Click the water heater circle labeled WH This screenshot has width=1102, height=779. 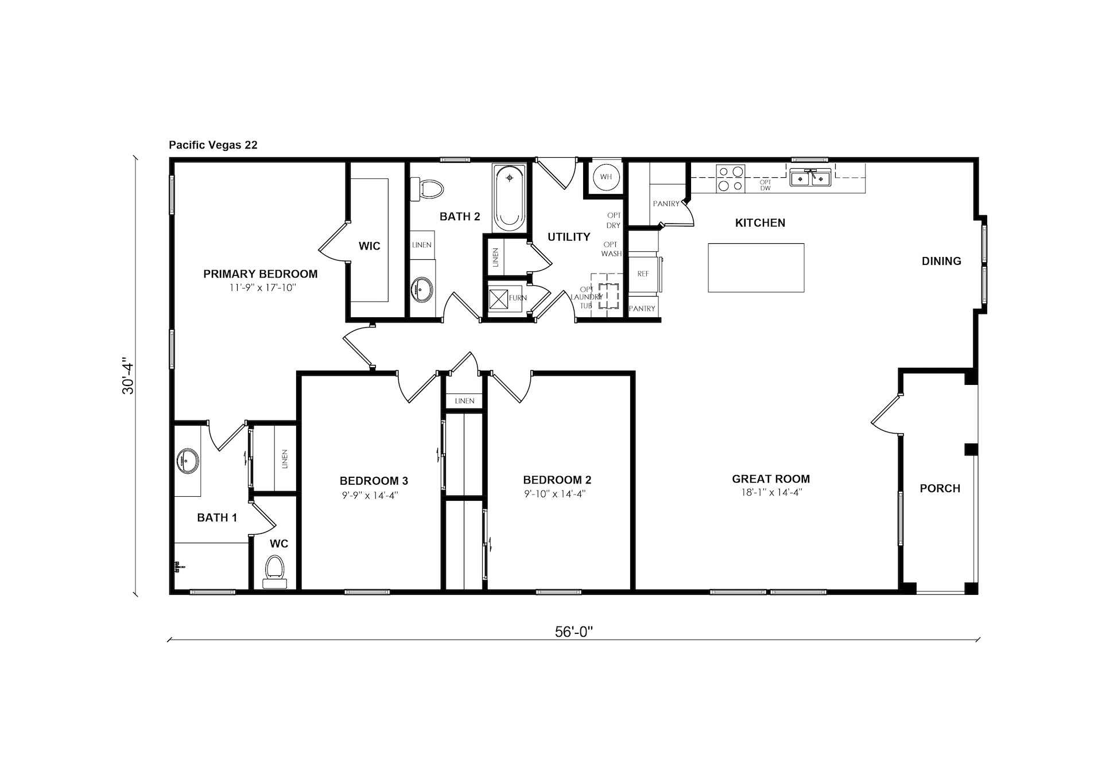[606, 177]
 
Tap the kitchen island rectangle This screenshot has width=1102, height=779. [756, 268]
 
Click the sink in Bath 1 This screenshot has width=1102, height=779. [188, 461]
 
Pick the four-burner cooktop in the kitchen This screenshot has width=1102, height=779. [731, 178]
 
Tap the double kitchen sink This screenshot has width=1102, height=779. [810, 178]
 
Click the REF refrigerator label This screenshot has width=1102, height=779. [643, 274]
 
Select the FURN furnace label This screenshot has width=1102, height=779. [518, 298]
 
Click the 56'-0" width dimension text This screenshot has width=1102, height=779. [573, 632]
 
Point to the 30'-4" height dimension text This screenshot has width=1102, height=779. [127, 377]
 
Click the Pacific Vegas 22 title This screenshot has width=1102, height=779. [213, 145]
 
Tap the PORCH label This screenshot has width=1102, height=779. [940, 489]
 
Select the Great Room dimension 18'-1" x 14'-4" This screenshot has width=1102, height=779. [771, 492]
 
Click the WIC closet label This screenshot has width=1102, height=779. [369, 246]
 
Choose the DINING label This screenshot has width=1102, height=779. [941, 262]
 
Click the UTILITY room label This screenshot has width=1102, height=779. [569, 237]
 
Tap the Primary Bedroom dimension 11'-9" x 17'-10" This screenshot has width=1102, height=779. [262, 288]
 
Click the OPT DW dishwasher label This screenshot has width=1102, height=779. [765, 185]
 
